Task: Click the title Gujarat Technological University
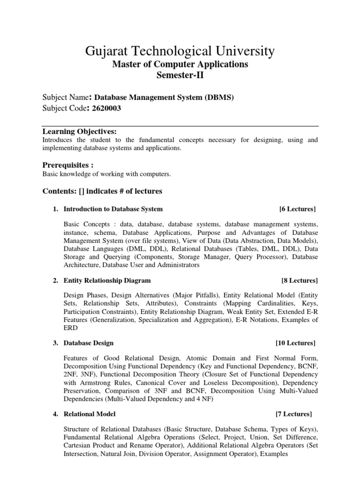point(180,51)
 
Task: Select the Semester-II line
point(180,75)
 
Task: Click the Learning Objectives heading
point(79,131)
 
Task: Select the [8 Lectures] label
point(299,280)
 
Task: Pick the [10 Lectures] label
point(297,343)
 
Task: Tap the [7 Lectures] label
point(294,414)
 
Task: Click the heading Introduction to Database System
point(113,209)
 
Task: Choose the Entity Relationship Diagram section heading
point(107,280)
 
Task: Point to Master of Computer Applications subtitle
point(180,64)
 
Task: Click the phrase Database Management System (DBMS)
point(164,97)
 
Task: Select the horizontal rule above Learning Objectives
point(180,127)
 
